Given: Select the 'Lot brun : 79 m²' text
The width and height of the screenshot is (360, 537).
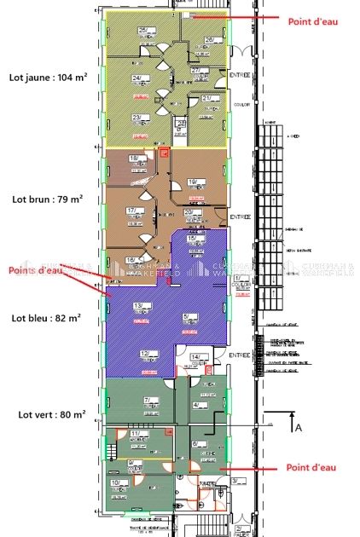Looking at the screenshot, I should click(x=47, y=199).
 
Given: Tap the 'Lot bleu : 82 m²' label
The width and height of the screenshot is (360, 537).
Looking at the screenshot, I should click(x=47, y=317).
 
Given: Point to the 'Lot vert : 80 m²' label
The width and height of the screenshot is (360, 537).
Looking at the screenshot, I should click(x=47, y=415).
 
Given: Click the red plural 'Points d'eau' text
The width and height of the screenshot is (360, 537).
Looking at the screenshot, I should click(x=37, y=270).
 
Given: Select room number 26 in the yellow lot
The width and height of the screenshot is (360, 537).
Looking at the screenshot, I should click(x=208, y=39).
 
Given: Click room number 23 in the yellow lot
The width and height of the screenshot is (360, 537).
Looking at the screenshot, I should click(x=136, y=118).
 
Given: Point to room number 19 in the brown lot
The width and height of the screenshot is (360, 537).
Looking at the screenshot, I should click(x=193, y=182).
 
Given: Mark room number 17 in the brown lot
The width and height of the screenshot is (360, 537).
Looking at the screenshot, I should click(x=132, y=210).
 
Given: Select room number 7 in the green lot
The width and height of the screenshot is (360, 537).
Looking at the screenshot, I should click(x=148, y=399).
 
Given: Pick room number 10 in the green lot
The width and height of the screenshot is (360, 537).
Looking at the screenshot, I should click(x=115, y=483).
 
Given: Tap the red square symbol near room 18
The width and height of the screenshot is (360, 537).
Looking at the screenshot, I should click(x=164, y=153).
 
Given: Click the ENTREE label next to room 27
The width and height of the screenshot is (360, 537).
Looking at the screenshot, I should click(x=240, y=76).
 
